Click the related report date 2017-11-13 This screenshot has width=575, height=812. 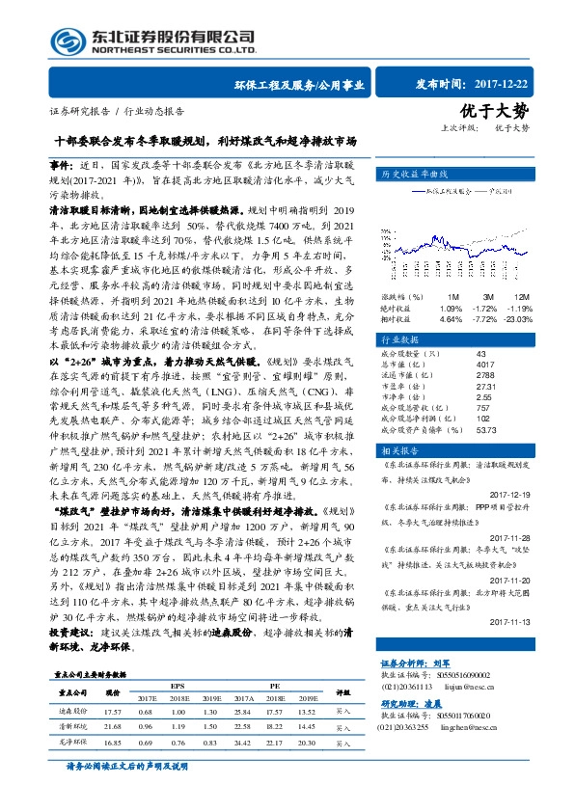click(x=524, y=622)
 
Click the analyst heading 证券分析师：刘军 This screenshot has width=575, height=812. click(x=417, y=663)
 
